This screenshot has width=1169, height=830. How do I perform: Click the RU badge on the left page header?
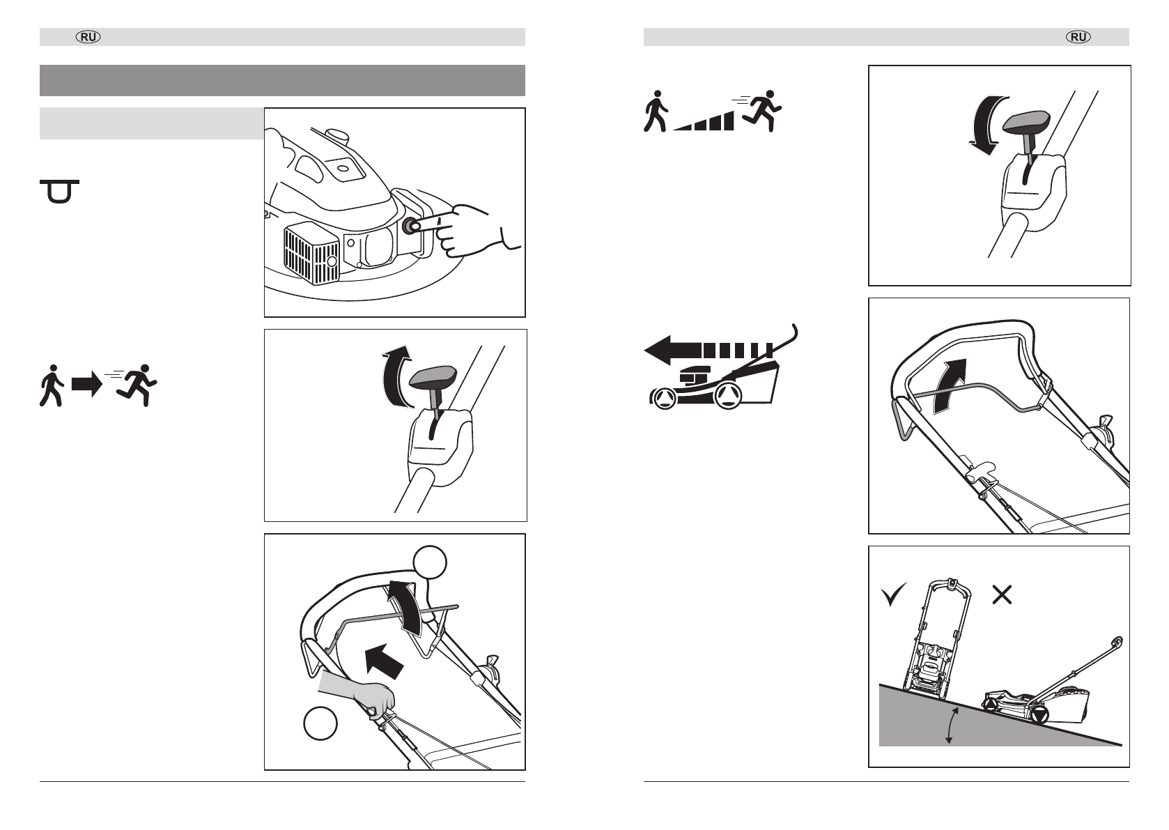pyautogui.click(x=88, y=37)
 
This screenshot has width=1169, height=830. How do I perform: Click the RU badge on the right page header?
pyautogui.click(x=1078, y=37)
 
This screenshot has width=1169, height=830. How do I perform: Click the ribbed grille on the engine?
pyautogui.click(x=311, y=256)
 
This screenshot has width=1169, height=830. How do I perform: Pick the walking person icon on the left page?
pyautogui.click(x=52, y=386)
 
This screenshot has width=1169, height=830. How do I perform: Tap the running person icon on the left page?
pyautogui.click(x=137, y=385)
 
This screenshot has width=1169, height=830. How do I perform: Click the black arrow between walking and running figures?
pyautogui.click(x=86, y=385)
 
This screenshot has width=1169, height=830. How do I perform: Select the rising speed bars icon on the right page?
pyautogui.click(x=704, y=121)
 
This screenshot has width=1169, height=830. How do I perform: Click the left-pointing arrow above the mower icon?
pyautogui.click(x=709, y=350)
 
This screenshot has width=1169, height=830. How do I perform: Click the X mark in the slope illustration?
pyautogui.click(x=1002, y=594)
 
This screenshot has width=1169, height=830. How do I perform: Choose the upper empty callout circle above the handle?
pyautogui.click(x=430, y=562)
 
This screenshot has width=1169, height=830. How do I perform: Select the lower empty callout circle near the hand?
pyautogui.click(x=320, y=723)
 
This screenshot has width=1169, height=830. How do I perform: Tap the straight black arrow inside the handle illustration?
pyautogui.click(x=384, y=661)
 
